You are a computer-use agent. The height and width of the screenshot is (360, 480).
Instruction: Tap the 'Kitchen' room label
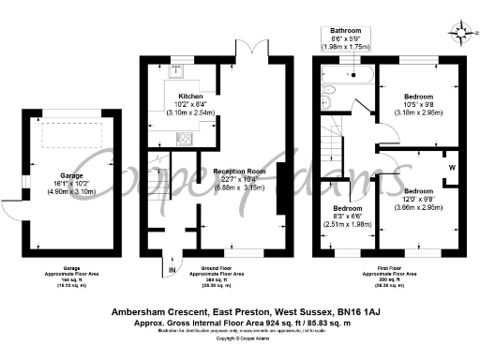pos(191,96)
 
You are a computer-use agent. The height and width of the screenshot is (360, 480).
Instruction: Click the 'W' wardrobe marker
pos(452,169)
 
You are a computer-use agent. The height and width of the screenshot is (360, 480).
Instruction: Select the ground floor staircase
pos(160,178)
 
